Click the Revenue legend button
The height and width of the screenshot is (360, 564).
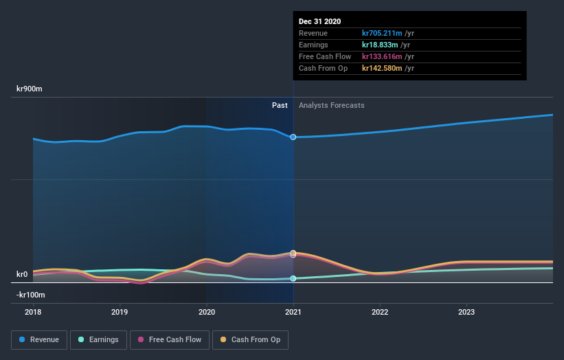(x=39, y=339)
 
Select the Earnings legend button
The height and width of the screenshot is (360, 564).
(x=98, y=339)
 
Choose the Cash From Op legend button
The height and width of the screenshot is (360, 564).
(x=251, y=339)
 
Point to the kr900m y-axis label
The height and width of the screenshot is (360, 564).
(x=31, y=89)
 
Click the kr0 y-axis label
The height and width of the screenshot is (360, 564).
(x=22, y=274)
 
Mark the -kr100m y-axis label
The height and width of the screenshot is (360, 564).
(x=31, y=295)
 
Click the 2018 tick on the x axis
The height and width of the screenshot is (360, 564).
(x=33, y=311)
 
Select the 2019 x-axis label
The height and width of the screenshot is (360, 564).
(x=120, y=311)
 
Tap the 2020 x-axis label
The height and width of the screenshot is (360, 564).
(x=206, y=311)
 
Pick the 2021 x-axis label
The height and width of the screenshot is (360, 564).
(x=293, y=311)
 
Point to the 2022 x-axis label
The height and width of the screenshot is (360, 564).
(x=380, y=311)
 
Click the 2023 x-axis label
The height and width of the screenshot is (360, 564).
(x=466, y=311)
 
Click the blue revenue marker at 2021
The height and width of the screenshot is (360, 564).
(x=293, y=137)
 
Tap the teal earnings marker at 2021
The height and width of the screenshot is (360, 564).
(x=293, y=278)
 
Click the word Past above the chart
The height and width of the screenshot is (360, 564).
(x=280, y=105)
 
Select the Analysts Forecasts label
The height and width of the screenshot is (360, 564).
(x=331, y=105)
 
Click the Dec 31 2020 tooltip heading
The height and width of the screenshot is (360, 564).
(x=319, y=21)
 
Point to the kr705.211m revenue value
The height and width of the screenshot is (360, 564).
(x=383, y=33)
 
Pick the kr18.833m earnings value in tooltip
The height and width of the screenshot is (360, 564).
(x=381, y=45)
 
